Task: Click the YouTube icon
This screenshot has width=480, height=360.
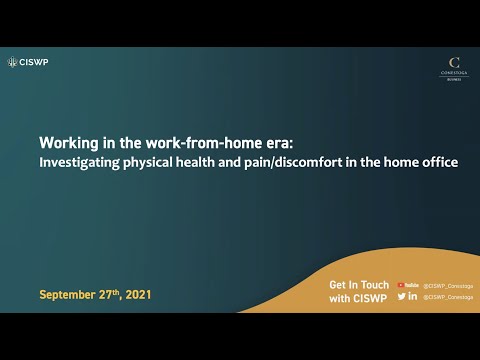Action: pos(407,285)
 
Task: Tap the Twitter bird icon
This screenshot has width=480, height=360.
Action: pos(401,297)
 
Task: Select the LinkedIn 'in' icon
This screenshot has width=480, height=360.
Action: pos(413,297)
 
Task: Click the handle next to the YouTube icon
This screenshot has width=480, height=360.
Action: pos(446,285)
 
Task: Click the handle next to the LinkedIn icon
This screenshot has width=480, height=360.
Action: pos(446,297)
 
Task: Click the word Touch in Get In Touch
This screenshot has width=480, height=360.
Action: pos(371,285)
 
